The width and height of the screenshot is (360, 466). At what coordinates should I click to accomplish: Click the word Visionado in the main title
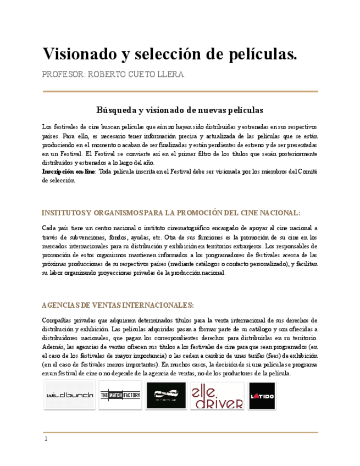point(77,54)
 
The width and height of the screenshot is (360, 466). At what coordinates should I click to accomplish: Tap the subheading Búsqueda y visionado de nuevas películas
point(180,110)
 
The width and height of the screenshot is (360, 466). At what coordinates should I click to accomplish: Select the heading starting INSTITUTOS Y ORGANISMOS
point(171,212)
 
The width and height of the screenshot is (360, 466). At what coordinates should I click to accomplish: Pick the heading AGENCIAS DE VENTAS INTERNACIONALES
point(118,305)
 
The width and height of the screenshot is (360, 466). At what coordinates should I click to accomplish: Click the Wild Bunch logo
point(69,396)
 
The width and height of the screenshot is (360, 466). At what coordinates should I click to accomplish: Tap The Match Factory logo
point(120,395)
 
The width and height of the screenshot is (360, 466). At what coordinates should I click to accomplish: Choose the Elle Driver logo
point(217,396)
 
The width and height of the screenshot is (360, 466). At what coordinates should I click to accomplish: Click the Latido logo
point(262,396)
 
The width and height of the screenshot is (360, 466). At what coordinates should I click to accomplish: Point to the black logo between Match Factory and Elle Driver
point(165,395)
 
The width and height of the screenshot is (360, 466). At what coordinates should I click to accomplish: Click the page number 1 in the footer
point(46,439)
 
